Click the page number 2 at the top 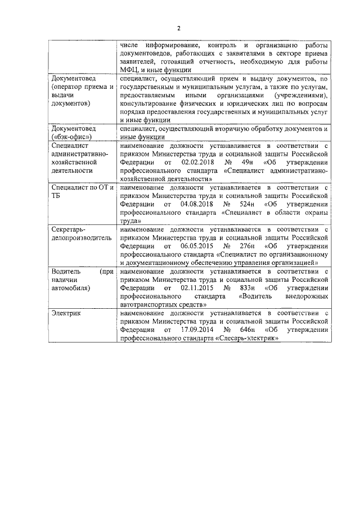pos(179,29)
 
